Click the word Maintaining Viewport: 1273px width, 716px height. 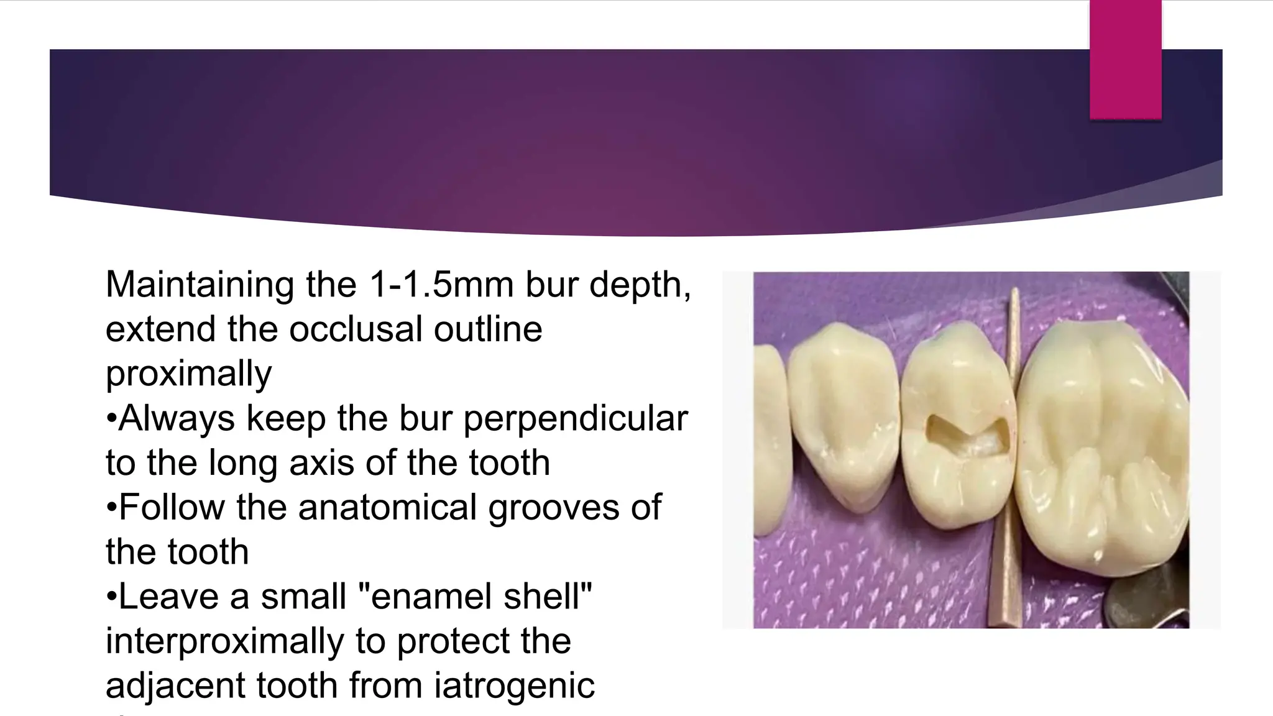pyautogui.click(x=200, y=285)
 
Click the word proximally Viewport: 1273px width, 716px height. pyautogui.click(x=188, y=374)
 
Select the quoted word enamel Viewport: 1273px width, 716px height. pyautogui.click(x=423, y=597)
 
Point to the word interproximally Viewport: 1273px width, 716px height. pyautogui.click(x=224, y=641)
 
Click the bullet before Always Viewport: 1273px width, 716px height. pyautogui.click(x=111, y=418)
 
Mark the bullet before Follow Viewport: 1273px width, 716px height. pyautogui.click(x=111, y=507)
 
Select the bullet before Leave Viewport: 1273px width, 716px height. pyautogui.click(x=111, y=597)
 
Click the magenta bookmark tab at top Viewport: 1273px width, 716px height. pyautogui.click(x=1125, y=59)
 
